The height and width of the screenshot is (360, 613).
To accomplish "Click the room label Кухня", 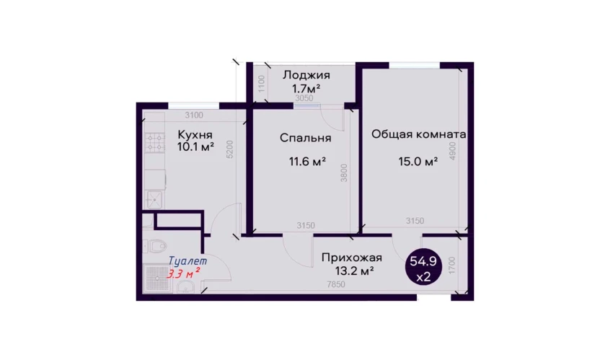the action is pyautogui.click(x=195, y=135).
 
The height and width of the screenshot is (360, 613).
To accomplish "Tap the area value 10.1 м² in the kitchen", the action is pyautogui.click(x=195, y=147).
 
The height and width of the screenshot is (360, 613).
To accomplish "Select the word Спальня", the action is pyautogui.click(x=306, y=138).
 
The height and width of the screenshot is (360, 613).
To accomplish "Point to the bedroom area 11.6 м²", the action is pyautogui.click(x=308, y=161).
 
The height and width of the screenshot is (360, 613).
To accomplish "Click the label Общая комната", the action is pyautogui.click(x=419, y=134).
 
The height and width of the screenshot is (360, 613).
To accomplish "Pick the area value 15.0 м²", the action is pyautogui.click(x=418, y=161).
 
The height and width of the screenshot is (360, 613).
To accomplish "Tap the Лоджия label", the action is pyautogui.click(x=306, y=74).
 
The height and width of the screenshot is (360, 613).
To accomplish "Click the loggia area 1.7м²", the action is pyautogui.click(x=306, y=88).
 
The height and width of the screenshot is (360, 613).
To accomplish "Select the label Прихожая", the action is pyautogui.click(x=352, y=258).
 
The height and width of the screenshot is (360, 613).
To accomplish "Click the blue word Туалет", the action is pyautogui.click(x=188, y=260).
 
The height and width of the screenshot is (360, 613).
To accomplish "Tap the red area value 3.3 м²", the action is pyautogui.click(x=184, y=273).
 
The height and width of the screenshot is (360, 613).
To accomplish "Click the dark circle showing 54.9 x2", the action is pyautogui.click(x=423, y=266).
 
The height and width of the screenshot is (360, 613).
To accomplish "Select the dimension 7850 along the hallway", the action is pyautogui.click(x=336, y=284).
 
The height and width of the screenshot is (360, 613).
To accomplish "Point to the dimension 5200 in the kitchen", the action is pyautogui.click(x=230, y=149).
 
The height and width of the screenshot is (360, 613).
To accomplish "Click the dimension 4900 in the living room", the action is pyautogui.click(x=453, y=151).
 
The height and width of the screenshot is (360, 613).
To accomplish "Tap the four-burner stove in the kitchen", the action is pyautogui.click(x=155, y=143).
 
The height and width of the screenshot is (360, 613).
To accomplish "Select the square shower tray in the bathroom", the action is pyautogui.click(x=156, y=278).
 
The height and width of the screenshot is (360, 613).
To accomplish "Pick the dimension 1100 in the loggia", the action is pyautogui.click(x=262, y=83).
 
